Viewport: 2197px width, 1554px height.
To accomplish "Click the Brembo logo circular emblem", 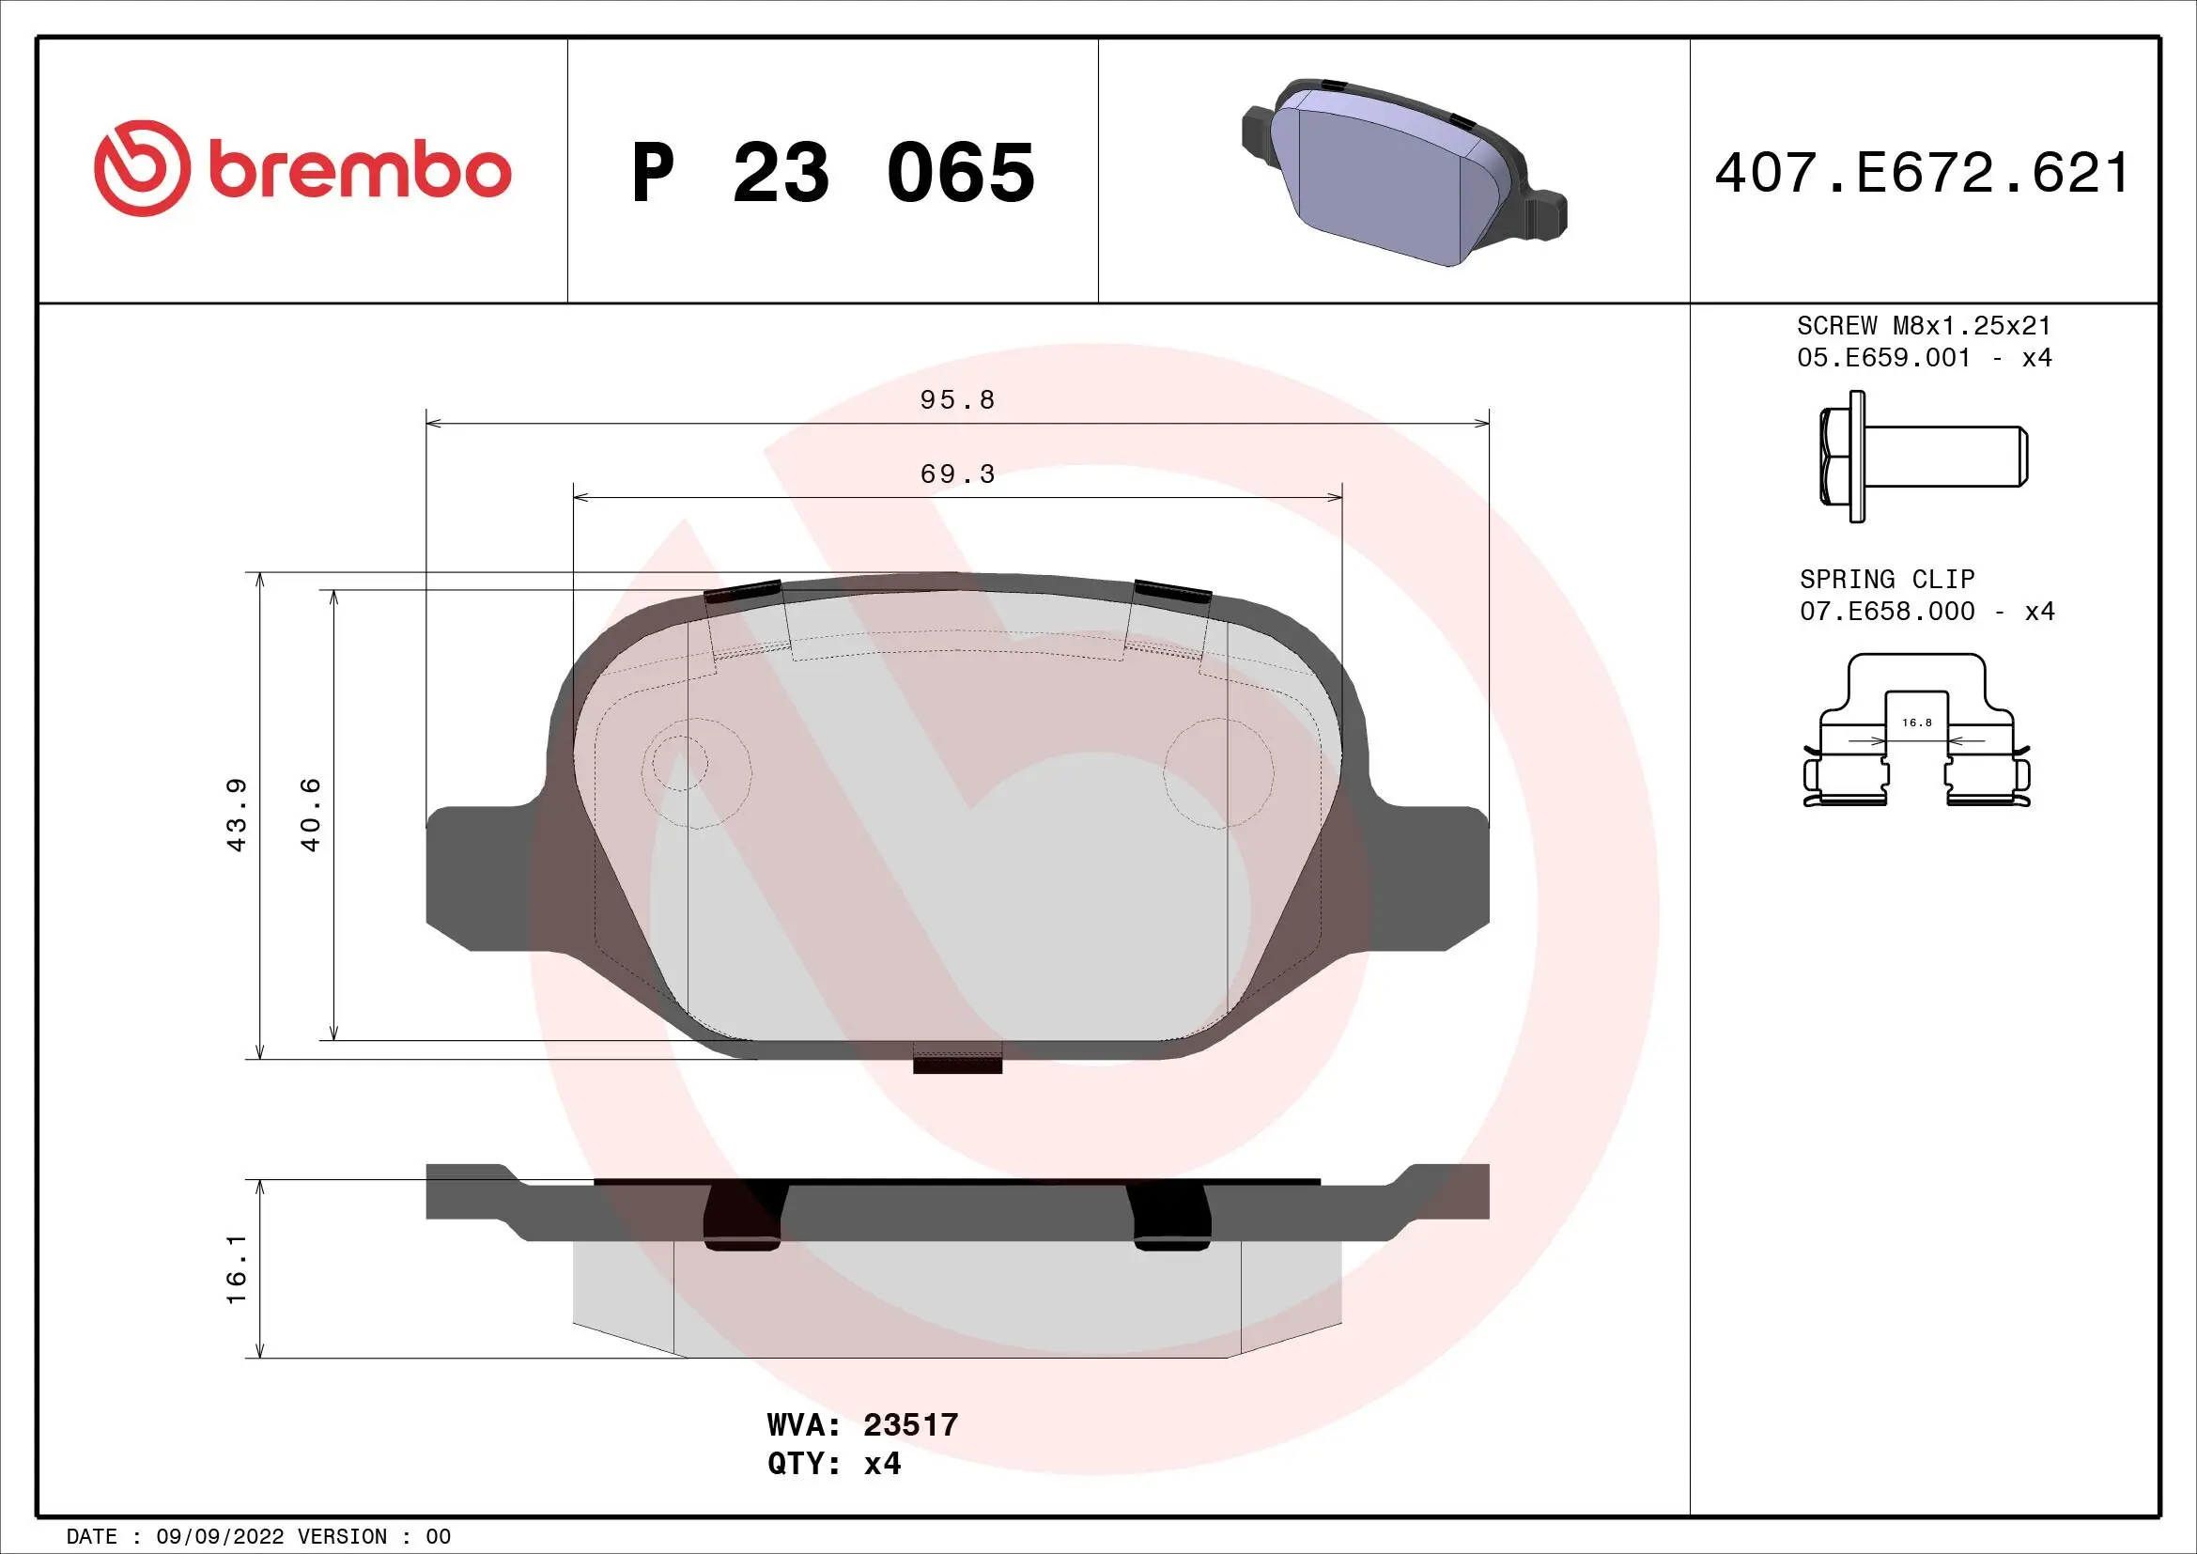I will point(142,168).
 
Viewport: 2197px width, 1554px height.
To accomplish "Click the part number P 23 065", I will point(832,173).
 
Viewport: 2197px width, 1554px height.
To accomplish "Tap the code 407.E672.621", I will point(1922,173).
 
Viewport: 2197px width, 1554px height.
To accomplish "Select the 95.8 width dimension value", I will point(957,400).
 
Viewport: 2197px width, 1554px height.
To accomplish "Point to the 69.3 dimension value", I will point(957,474).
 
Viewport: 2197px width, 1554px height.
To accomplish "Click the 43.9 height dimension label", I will point(237,815).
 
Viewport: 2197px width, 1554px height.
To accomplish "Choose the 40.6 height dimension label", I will point(310,815).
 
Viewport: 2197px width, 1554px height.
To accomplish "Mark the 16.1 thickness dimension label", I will point(237,1267).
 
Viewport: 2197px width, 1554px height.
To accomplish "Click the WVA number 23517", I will point(910,1425).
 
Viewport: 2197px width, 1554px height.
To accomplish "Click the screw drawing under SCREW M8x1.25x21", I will point(1922,457).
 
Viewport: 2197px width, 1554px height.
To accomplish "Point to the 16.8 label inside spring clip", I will point(1917,723).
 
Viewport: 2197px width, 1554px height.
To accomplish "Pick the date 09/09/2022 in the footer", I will point(219,1537).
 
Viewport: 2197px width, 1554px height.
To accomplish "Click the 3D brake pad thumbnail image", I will point(1402,172).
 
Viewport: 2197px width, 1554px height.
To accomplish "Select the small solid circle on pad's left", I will point(679,764).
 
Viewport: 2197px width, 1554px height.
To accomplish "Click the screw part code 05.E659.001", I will point(1883,358).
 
